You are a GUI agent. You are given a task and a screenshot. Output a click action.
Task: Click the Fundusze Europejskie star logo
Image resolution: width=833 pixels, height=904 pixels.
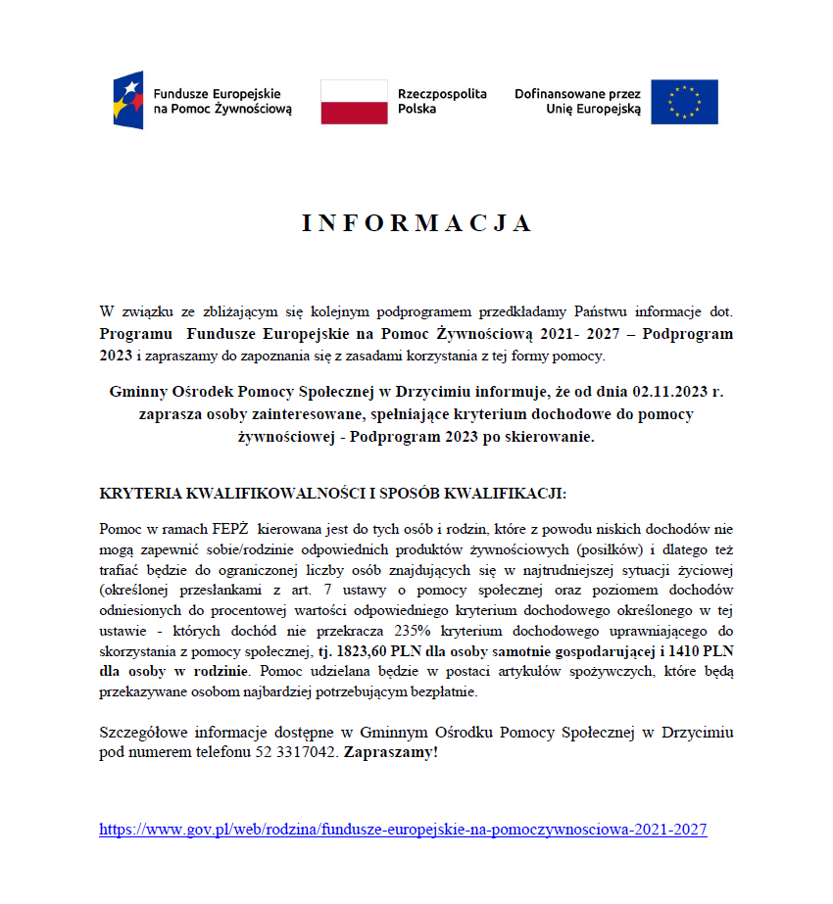click(128, 100)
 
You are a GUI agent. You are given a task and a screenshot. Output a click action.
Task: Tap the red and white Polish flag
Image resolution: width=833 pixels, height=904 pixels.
click(354, 102)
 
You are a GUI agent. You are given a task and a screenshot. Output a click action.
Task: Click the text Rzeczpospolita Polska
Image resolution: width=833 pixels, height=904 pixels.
click(441, 102)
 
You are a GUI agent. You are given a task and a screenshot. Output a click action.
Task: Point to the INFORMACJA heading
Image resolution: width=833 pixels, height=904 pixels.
click(416, 223)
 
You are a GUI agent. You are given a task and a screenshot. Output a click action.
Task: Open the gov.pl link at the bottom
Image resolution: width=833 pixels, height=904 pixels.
click(403, 830)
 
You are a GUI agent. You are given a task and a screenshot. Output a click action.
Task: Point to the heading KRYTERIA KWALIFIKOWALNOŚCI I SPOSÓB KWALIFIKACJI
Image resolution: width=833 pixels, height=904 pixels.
click(333, 494)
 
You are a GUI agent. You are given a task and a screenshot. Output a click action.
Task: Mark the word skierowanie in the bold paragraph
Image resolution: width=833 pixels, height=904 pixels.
click(550, 437)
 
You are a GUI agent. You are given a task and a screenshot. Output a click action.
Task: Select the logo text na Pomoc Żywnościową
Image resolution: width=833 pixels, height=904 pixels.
click(222, 110)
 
